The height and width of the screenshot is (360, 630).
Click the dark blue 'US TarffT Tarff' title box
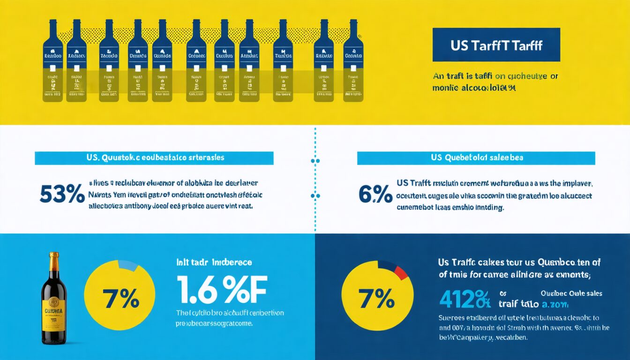pos(496,45)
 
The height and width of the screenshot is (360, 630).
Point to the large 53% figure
pos(62,194)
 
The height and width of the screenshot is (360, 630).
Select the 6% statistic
pos(375,194)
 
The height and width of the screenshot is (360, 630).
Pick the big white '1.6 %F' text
pos(221,290)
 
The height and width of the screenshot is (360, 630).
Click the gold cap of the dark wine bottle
pos(54,261)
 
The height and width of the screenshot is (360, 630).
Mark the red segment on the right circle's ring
pos(401,272)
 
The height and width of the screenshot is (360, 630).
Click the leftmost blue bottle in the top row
pos(53,61)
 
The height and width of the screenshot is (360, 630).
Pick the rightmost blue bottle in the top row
pos(353,61)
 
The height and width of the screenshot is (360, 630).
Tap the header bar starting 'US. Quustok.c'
pos(154,158)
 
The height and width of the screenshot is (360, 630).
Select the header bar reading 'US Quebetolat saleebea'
pos(476,158)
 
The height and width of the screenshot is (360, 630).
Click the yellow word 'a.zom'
pos(555,305)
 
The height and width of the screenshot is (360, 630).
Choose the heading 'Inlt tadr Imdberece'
pos(214,262)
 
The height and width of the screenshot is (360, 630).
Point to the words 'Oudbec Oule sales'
pos(571,293)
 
